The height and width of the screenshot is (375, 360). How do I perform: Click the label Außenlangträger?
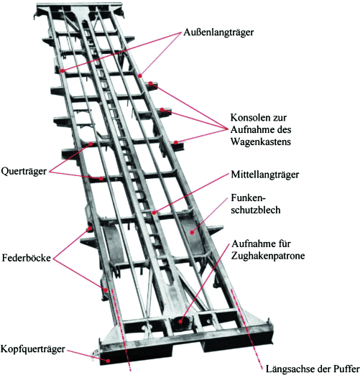tap(218, 32)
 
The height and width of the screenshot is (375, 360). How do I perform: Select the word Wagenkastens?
tap(261, 142)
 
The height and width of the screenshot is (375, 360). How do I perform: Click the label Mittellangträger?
tap(265, 175)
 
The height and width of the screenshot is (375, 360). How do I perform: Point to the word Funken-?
tap(249, 198)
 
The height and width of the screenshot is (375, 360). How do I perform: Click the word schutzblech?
tap(256, 210)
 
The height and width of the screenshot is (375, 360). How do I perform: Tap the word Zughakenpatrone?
tap(268, 256)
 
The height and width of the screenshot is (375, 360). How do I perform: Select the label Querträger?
tap(24, 172)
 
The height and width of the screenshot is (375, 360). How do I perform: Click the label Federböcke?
tap(27, 258)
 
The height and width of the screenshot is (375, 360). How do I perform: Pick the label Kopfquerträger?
tap(33, 349)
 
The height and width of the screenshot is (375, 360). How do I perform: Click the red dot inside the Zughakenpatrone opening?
tap(180, 322)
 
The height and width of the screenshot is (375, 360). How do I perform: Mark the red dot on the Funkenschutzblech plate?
tap(192, 232)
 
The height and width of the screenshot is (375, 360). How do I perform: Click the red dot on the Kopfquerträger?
tap(108, 361)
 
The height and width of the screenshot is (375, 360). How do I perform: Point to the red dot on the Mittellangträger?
tap(154, 213)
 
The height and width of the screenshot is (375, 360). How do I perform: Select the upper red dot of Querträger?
tap(91, 144)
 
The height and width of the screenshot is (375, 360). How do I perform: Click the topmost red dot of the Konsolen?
tap(150, 83)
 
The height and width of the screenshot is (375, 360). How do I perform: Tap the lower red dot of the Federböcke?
tap(106, 290)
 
